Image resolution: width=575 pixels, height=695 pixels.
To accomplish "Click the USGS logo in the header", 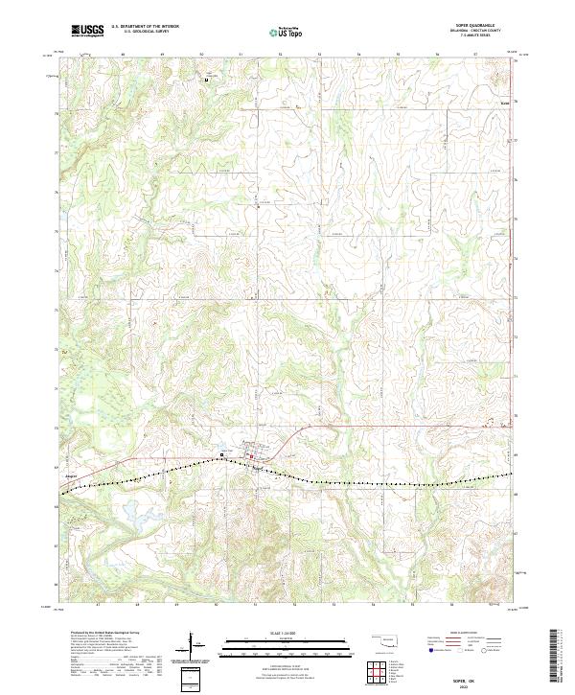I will point(88,31).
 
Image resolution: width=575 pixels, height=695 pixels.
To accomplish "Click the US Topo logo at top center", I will point(287,32).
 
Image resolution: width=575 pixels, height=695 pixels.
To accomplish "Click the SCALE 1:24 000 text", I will point(287,633).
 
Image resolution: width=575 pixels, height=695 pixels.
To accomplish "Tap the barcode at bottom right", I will point(555,656).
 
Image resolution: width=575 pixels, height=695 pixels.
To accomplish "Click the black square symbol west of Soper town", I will point(222,453).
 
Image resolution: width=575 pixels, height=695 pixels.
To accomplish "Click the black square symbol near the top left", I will point(205,80).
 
